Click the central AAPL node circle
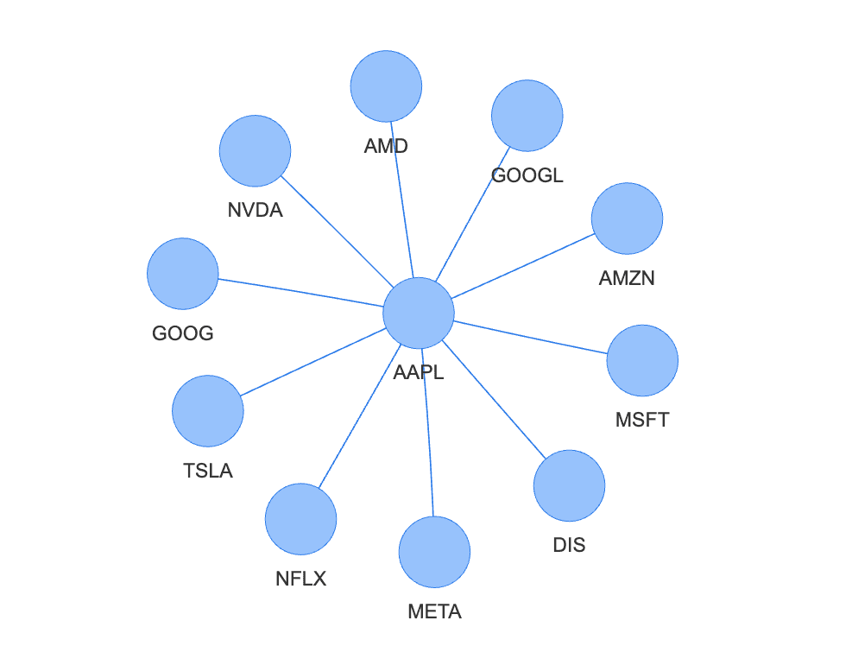click(x=419, y=313)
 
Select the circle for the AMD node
click(x=386, y=86)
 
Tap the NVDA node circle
click(x=255, y=150)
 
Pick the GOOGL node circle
click(x=527, y=115)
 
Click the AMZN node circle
click(x=627, y=218)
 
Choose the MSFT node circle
click(x=642, y=360)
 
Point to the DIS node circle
click(x=569, y=485)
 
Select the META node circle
click(x=434, y=552)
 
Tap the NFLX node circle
click(x=300, y=519)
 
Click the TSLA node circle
click(x=208, y=411)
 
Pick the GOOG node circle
click(x=183, y=274)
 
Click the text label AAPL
click(x=419, y=372)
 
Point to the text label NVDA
click(x=256, y=210)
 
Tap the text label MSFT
click(x=642, y=421)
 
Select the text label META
click(x=435, y=612)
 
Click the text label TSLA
click(x=208, y=471)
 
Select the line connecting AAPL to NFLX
click(x=359, y=416)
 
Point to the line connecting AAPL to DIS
click(x=494, y=399)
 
